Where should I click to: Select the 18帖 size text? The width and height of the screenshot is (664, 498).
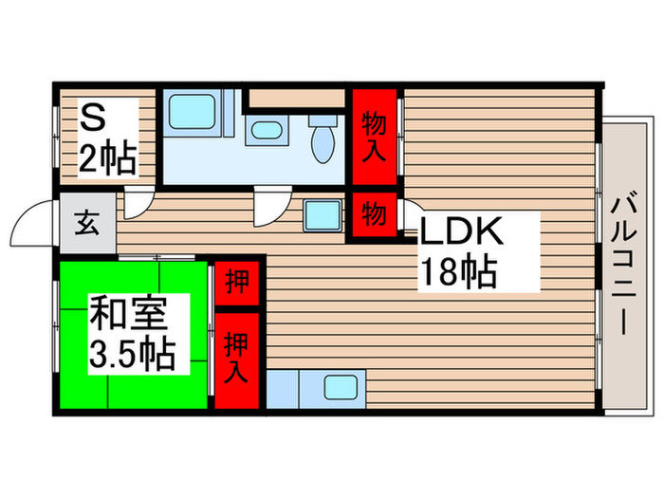(458, 273)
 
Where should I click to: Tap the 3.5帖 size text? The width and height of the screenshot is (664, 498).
(132, 355)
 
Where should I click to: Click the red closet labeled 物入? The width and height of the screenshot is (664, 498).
(375, 137)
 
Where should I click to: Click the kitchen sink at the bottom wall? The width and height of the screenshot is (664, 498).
(338, 388)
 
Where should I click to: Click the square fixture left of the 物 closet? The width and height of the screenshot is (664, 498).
(318, 213)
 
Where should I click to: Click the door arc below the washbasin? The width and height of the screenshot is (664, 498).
(267, 201)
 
